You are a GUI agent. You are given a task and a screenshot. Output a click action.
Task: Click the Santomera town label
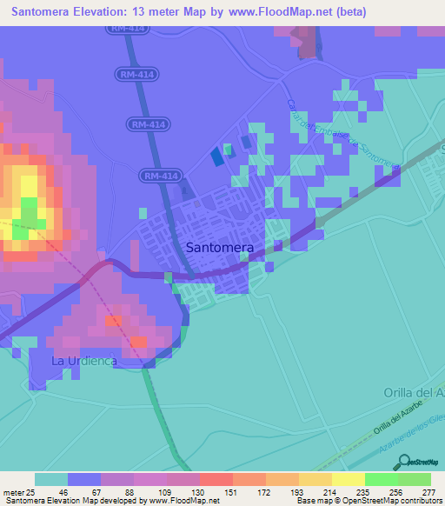point(220,248)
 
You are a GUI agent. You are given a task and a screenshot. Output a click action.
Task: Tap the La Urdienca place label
point(83,361)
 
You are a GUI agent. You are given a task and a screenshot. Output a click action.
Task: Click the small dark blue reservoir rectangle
point(216,156)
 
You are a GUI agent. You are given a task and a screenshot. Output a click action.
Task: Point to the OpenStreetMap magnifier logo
point(404,461)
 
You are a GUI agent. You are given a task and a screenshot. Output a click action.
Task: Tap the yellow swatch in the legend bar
point(348,479)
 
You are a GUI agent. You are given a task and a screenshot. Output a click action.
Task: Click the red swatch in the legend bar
point(216,479)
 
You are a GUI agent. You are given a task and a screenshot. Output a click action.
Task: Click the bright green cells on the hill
point(29,210)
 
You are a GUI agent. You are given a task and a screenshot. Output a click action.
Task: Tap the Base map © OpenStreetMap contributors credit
point(368,501)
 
